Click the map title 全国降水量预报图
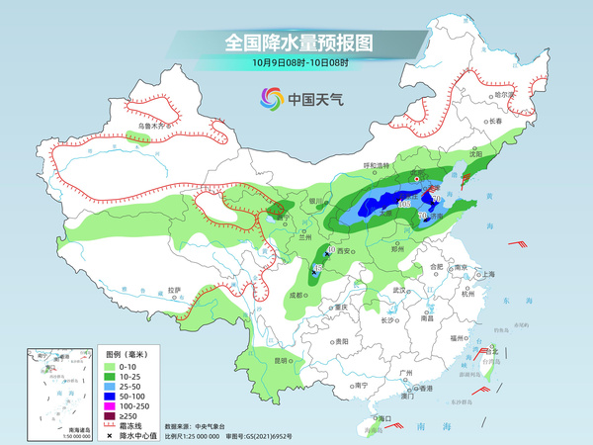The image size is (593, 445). coord(296,43)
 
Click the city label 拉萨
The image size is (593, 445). coord(175,290)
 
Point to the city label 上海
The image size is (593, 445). coord(488,274)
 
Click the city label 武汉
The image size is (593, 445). coord(399,291)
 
